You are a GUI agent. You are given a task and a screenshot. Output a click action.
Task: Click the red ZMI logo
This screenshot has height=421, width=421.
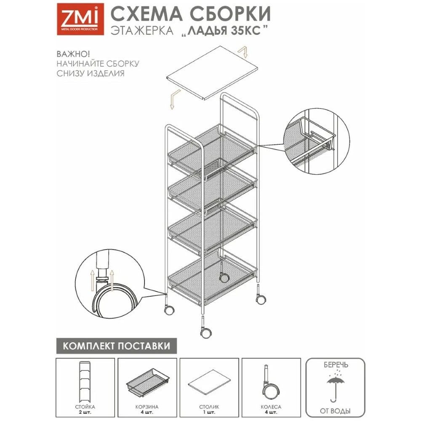pyautogui.click(x=80, y=19)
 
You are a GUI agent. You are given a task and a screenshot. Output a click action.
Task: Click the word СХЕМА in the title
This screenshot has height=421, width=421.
pyautogui.click(x=147, y=14)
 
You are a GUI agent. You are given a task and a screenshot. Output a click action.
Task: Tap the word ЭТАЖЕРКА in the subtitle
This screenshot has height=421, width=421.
pyautogui.click(x=142, y=31)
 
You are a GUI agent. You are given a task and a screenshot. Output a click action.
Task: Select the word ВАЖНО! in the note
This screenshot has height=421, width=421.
pyautogui.click(x=73, y=54)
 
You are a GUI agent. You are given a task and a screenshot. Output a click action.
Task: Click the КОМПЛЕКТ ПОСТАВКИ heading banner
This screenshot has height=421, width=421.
pyautogui.click(x=117, y=346)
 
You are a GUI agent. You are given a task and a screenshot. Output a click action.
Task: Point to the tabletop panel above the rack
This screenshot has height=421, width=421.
pyautogui.click(x=212, y=72)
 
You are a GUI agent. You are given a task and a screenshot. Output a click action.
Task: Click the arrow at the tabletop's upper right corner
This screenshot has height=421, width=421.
pyautogui.click(x=243, y=52)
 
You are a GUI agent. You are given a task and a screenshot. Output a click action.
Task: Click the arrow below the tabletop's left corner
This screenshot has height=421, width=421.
pyautogui.click(x=175, y=99)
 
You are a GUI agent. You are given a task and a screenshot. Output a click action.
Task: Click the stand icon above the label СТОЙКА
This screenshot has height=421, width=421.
pyautogui.click(x=85, y=382)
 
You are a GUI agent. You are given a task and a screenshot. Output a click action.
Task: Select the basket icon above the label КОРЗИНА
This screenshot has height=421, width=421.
pyautogui.click(x=147, y=382)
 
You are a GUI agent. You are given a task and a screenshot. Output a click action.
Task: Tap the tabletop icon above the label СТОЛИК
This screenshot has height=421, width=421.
pyautogui.click(x=209, y=382)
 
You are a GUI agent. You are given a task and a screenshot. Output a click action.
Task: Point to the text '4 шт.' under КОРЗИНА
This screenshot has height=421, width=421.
pyautogui.click(x=147, y=413)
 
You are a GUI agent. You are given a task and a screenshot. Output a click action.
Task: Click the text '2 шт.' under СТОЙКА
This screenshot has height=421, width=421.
pyautogui.click(x=85, y=413)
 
